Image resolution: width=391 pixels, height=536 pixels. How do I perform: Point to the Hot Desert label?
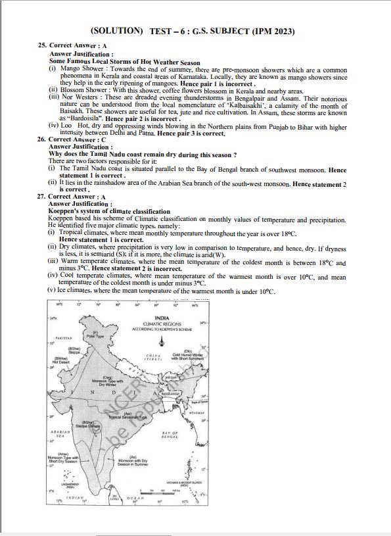coord(61,360)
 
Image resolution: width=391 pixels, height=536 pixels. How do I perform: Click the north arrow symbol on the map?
coord(161,339)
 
